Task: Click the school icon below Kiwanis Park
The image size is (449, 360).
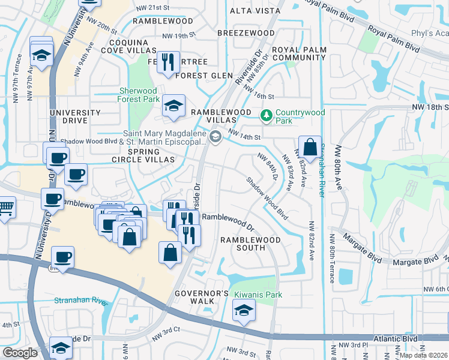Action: pos(244,311)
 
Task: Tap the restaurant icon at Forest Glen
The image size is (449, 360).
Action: pos(168,61)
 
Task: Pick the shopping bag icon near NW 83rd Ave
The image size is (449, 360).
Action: pos(310,146)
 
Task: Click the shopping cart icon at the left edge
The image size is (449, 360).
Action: pos(5,208)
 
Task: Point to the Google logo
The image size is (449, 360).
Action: pos(20,353)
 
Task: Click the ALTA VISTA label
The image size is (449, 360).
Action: pos(251,11)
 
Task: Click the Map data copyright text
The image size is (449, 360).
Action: pos(423,355)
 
